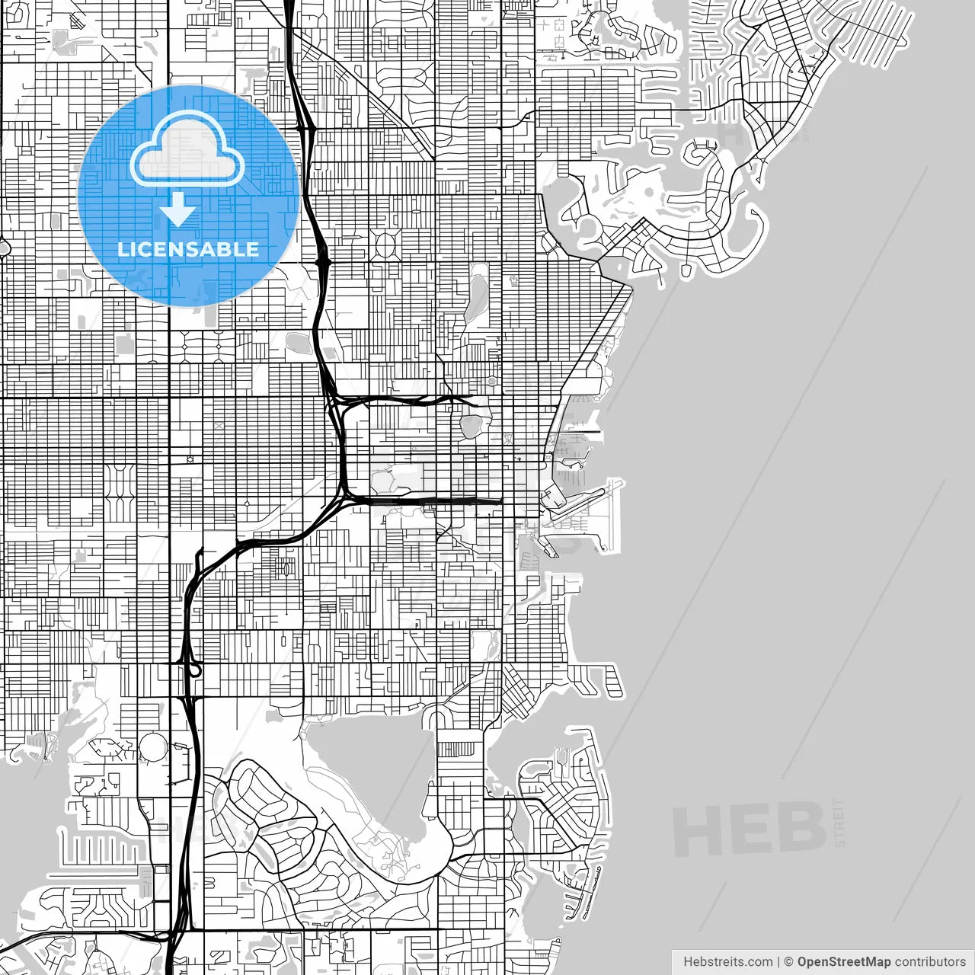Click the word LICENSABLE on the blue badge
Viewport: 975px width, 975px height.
point(188,249)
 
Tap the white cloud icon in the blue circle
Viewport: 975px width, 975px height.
point(188,153)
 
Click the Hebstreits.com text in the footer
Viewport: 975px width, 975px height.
point(727,961)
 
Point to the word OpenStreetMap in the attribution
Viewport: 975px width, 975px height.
point(843,961)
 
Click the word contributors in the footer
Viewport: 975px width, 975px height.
point(930,961)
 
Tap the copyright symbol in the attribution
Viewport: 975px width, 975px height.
point(789,961)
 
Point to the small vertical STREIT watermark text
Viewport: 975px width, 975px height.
point(839,823)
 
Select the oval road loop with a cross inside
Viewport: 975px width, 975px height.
point(385,245)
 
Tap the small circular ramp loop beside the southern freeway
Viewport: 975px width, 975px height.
point(195,670)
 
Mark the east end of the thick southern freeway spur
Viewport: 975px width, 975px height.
point(500,501)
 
